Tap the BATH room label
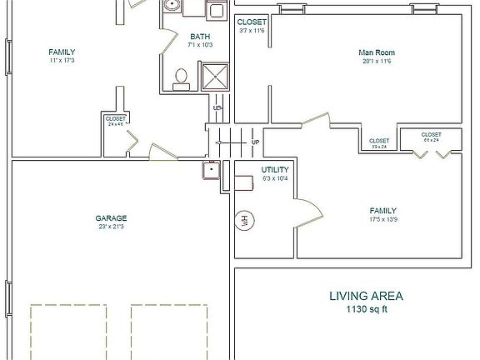[200, 36]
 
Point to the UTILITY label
[275, 169]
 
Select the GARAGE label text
[111, 218]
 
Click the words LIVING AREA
[367, 296]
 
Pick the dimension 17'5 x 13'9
[383, 220]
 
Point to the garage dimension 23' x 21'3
[111, 227]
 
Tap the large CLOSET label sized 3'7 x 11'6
[251, 22]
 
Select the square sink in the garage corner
[211, 171]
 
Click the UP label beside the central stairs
[255, 142]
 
